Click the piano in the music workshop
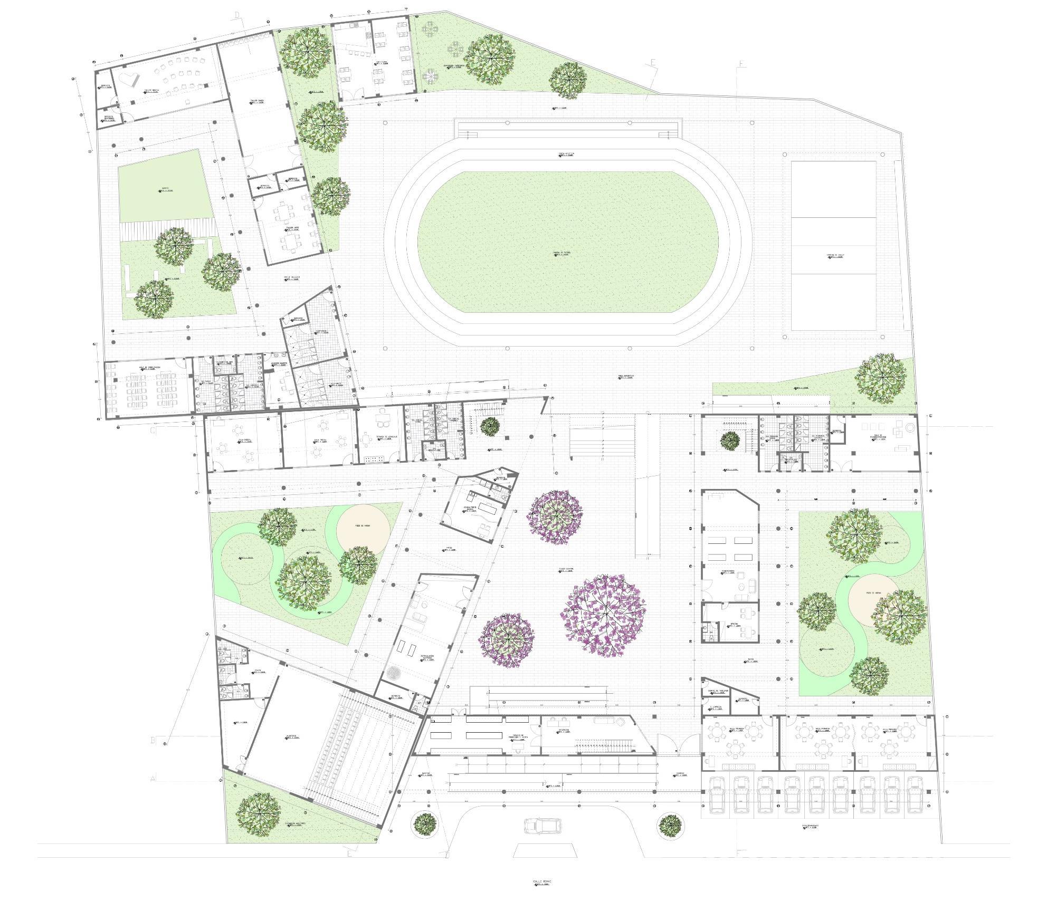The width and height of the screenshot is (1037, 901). pyautogui.click(x=128, y=79)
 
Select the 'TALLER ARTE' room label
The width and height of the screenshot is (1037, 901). pyautogui.click(x=293, y=228)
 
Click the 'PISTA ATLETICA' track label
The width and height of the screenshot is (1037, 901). pyautogui.click(x=567, y=155)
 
